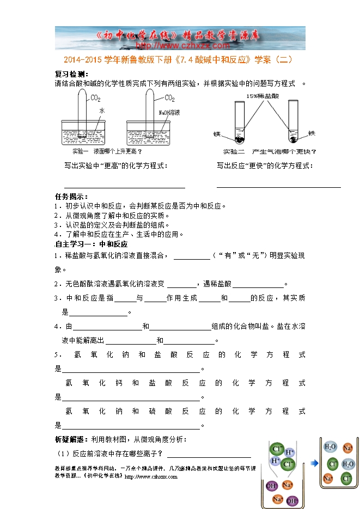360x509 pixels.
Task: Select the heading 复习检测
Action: pos(71,74)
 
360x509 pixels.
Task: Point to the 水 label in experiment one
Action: pos(101,111)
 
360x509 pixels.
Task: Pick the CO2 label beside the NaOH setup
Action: pos(169,99)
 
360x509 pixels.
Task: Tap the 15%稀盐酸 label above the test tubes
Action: pos(261,95)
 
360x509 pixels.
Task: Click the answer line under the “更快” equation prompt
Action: pos(278,187)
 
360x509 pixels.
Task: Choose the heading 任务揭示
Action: pos(71,197)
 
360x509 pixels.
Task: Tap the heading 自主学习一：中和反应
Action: pos(91,244)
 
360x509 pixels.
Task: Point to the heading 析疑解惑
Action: pos(71,439)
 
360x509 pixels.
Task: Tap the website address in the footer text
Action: pos(151,476)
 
